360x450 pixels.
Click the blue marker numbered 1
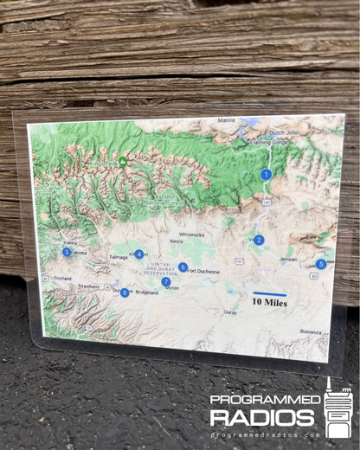pyautogui.click(x=266, y=174)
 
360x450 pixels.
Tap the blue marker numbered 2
pyautogui.click(x=259, y=240)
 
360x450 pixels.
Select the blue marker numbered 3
pyautogui.click(x=67, y=252)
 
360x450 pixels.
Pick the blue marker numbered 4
pyautogui.click(x=138, y=254)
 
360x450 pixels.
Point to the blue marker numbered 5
pyautogui.click(x=320, y=264)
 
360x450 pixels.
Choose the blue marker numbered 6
pyautogui.click(x=183, y=267)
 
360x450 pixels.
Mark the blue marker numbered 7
pyautogui.click(x=165, y=281)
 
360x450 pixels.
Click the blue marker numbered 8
pyautogui.click(x=125, y=292)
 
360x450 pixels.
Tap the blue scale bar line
pyautogui.click(x=269, y=294)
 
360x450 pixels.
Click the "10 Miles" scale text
pyautogui.click(x=269, y=303)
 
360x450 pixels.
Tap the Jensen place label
pyautogui.click(x=288, y=259)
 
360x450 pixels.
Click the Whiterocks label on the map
pyautogui.click(x=191, y=235)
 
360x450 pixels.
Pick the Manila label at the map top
pyautogui.click(x=227, y=120)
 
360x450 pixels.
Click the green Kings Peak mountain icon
pyautogui.click(x=123, y=161)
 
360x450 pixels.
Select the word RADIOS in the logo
pyautogui.click(x=261, y=417)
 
